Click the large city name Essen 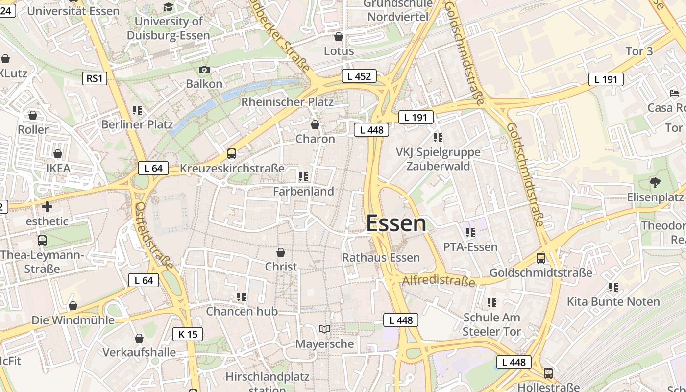click(396, 224)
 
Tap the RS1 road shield click(95, 78)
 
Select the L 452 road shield click(359, 76)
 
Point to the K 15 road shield click(188, 334)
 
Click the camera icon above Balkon click(204, 70)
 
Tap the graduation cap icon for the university click(168, 7)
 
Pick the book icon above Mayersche click(324, 329)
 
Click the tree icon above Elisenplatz click(655, 183)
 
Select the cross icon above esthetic click(47, 207)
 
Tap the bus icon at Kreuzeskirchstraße click(232, 154)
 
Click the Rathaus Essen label click(381, 257)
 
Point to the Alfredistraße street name click(439, 281)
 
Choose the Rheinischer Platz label click(287, 102)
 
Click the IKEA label click(58, 168)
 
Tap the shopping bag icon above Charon click(315, 124)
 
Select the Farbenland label click(303, 191)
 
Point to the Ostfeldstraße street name click(154, 236)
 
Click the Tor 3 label click(639, 51)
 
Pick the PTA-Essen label click(470, 246)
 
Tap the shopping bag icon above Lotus click(338, 37)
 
